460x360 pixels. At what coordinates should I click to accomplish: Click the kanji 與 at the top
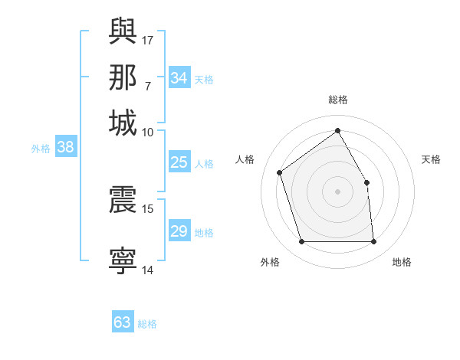[123, 31]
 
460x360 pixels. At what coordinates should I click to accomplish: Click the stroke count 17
[149, 40]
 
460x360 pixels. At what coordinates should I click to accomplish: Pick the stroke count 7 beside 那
[148, 86]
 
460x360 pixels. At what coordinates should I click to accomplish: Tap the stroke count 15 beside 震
[149, 208]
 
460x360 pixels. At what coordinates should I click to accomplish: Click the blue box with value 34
[179, 78]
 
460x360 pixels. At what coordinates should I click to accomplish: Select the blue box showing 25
[179, 162]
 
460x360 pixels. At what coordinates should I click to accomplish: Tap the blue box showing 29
[179, 231]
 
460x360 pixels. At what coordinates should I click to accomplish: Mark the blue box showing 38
[65, 148]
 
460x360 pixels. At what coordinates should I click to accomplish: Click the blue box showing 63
[123, 322]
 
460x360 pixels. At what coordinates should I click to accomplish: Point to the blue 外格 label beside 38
[41, 149]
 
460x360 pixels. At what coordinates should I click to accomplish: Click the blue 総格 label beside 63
[147, 324]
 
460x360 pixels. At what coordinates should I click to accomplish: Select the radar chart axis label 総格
[338, 100]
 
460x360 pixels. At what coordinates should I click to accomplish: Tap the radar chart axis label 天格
[432, 159]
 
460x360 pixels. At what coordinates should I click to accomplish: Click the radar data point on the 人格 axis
[280, 172]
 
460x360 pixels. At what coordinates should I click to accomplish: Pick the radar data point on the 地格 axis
[373, 242]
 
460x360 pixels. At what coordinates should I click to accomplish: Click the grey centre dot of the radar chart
[338, 191]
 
